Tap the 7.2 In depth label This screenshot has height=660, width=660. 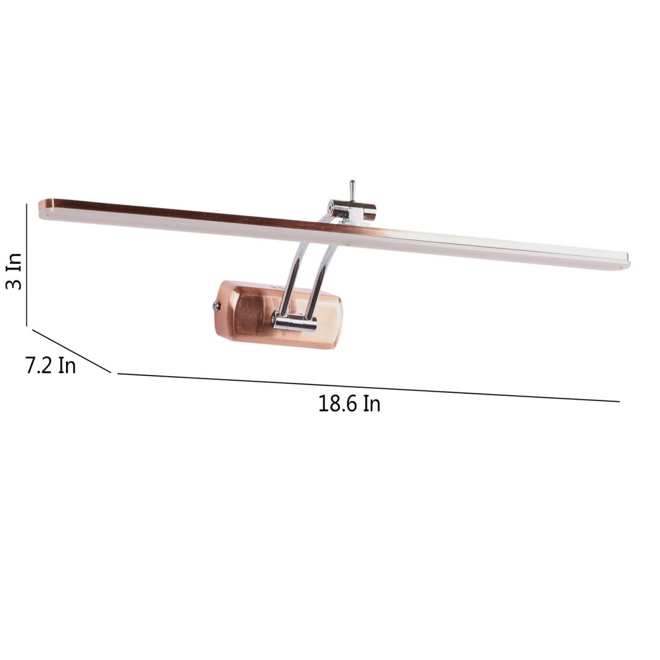(x=51, y=366)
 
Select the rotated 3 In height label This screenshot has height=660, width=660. (x=14, y=272)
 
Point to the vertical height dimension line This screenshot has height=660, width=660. (x=26, y=264)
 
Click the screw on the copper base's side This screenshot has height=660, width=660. (x=217, y=305)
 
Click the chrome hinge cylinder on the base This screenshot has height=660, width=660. (x=295, y=323)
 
